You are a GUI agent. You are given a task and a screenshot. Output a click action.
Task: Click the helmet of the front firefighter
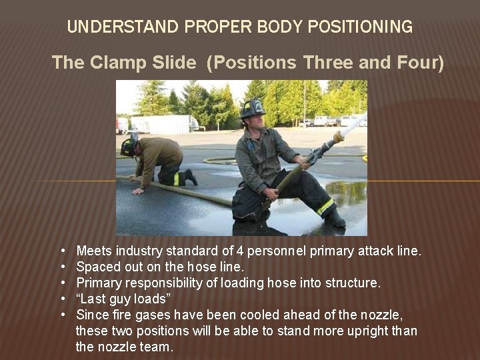click(253, 108)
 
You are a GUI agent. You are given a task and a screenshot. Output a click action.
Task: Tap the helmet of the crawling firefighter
click(128, 147)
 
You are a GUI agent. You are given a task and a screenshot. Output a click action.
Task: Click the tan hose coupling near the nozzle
click(338, 137)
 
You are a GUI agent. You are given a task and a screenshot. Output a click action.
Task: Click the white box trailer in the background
click(163, 124)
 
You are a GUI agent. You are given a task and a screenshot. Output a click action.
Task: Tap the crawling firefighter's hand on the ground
click(138, 191)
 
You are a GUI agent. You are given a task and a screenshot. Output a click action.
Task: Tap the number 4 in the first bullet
click(241, 251)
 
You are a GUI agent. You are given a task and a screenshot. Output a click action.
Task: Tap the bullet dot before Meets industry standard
click(61, 251)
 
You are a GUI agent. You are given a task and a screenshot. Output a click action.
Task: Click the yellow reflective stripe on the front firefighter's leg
click(325, 207)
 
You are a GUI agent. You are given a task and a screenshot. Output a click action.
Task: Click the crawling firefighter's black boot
click(190, 177)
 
